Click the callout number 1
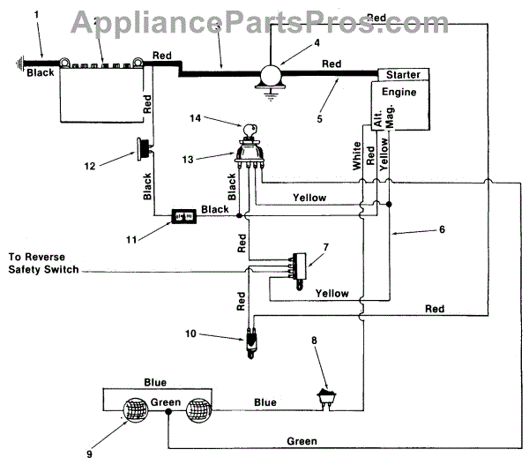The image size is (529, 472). click(x=36, y=14)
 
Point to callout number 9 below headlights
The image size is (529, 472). click(x=89, y=454)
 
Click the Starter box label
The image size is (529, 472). click(x=403, y=75)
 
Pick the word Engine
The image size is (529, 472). click(x=399, y=91)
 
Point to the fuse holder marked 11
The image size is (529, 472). click(x=183, y=214)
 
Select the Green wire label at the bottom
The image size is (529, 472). click(x=302, y=440)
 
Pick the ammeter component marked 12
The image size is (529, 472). click(x=141, y=151)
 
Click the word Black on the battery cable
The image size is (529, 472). click(x=41, y=72)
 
